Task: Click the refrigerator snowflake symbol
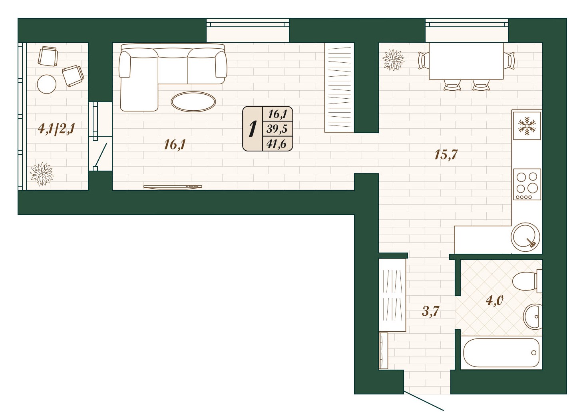point(527,126)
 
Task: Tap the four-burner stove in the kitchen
point(527,185)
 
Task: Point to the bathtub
point(501,353)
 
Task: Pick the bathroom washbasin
point(533,316)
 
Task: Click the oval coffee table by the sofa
point(193,102)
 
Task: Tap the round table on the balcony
point(47,84)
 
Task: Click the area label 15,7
point(446,154)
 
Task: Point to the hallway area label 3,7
point(430,311)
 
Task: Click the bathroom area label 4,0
point(494,301)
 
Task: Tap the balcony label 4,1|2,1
point(57,129)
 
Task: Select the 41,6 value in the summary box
point(277,144)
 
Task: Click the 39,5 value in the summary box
point(277,129)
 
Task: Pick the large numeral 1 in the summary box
point(252,129)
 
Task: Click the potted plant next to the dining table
point(393,60)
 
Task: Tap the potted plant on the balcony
point(42,174)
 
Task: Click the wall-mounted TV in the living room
point(173,187)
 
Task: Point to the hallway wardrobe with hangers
point(392,295)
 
